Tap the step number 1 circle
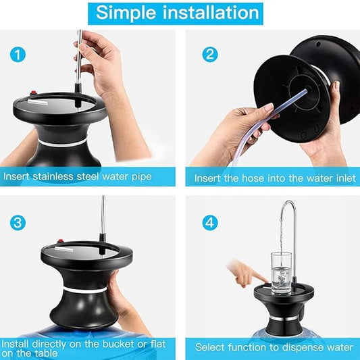pyautogui.click(x=18, y=54)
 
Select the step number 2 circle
pyautogui.click(x=210, y=54)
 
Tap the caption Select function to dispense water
pyautogui.click(x=274, y=347)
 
